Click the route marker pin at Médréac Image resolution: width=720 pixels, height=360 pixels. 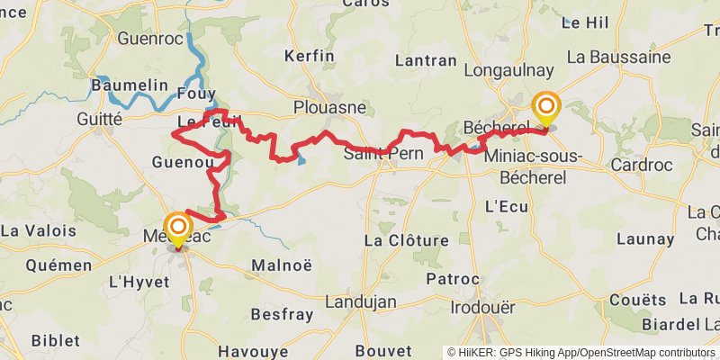(177, 229)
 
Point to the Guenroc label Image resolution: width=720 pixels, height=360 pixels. (151, 39)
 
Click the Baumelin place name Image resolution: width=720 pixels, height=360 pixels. (129, 85)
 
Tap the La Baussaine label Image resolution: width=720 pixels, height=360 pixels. (618, 57)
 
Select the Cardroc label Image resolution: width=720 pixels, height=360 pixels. (643, 165)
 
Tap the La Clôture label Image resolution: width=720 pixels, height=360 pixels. (405, 240)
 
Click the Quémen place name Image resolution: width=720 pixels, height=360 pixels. (59, 265)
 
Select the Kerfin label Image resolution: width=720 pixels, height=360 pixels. (309, 56)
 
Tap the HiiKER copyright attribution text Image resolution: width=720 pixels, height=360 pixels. (581, 352)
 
